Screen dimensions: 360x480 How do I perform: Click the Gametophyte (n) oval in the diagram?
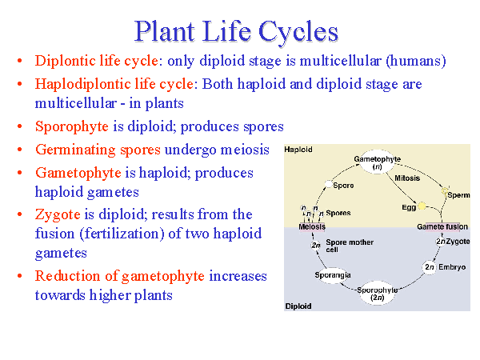tap(377, 164)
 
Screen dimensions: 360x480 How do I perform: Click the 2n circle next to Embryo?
tap(430, 267)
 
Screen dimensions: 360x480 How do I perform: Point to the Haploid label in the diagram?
tap(298, 150)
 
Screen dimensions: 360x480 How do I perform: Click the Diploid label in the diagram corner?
tap(298, 306)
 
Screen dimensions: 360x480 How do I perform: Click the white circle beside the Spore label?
tap(326, 186)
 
